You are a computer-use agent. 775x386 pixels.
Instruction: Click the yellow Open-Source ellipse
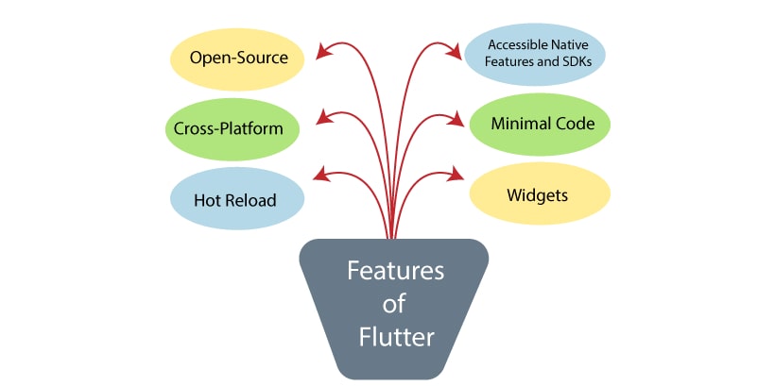238,58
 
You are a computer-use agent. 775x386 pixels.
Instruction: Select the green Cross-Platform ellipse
230,127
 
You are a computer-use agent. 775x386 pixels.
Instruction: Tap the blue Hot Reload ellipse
237,199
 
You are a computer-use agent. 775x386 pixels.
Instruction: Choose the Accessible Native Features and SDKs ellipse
536,54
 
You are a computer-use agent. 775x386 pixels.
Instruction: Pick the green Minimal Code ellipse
540,125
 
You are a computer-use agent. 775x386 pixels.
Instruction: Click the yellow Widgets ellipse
540,195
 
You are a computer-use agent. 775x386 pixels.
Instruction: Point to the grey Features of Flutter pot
394,307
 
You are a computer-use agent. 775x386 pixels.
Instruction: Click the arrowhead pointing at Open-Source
322,52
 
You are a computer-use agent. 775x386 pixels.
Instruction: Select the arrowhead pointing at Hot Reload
320,175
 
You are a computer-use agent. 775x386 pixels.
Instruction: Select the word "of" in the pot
394,305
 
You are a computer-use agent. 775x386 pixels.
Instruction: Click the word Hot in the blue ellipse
208,200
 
